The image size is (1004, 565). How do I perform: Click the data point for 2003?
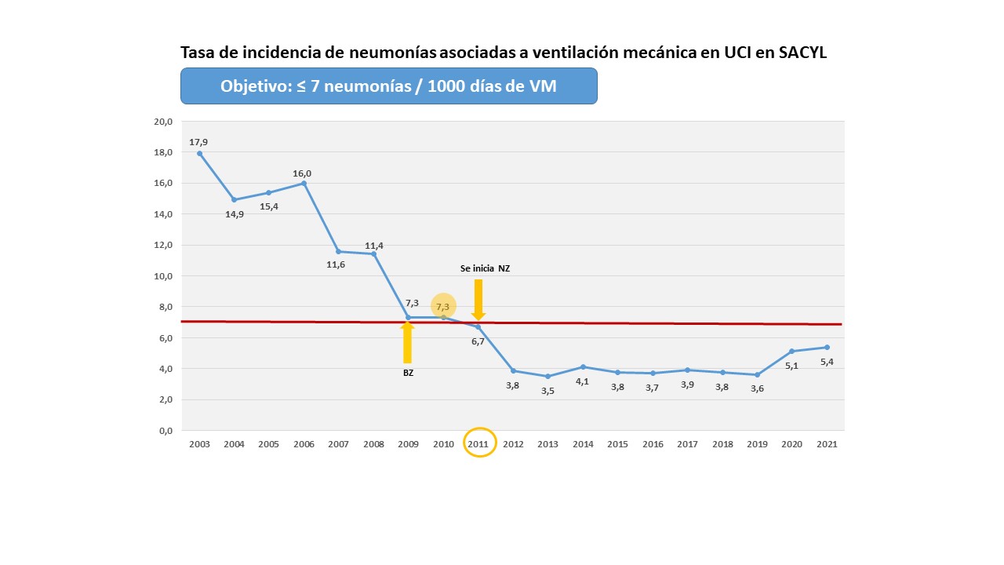[199, 154]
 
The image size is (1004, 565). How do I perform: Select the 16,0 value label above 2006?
[303, 173]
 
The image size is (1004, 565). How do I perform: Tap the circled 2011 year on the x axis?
[478, 443]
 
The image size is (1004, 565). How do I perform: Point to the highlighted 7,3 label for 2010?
[443, 306]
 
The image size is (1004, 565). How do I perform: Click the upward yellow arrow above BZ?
[407, 341]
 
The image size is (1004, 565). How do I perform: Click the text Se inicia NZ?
[485, 268]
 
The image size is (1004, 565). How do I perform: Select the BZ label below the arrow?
[408, 374]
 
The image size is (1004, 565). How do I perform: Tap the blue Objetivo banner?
[389, 86]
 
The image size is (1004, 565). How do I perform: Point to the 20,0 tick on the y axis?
[162, 122]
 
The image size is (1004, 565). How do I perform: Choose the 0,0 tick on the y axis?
[165, 431]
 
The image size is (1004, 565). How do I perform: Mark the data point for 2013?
[548, 377]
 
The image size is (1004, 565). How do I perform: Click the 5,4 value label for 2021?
[827, 362]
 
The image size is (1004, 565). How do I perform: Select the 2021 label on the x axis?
[827, 444]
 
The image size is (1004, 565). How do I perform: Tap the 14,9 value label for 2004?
[235, 213]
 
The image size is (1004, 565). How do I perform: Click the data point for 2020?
[792, 351]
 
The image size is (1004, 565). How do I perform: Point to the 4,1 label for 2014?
[583, 381]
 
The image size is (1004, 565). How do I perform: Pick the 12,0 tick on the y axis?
[162, 245]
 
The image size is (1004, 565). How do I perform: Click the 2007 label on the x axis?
[338, 444]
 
